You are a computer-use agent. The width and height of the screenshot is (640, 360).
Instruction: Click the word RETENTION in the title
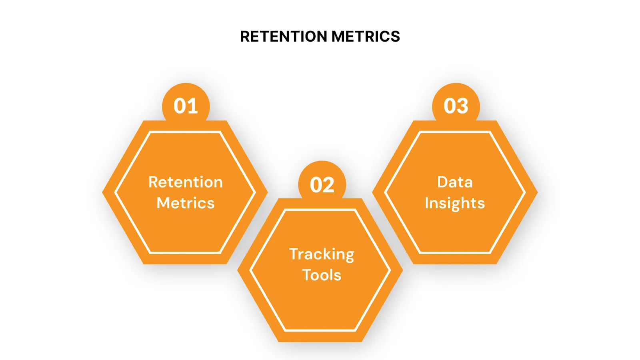click(x=284, y=36)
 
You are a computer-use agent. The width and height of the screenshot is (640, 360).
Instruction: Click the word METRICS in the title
click(x=366, y=36)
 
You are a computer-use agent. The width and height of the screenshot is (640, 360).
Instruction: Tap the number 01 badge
click(x=186, y=106)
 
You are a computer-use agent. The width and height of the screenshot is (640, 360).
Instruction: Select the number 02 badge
click(x=322, y=185)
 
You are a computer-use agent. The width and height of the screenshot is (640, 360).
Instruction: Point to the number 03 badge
click(x=456, y=106)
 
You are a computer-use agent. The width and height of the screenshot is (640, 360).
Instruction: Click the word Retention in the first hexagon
click(x=186, y=182)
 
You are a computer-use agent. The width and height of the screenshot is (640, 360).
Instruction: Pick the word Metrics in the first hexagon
click(x=186, y=203)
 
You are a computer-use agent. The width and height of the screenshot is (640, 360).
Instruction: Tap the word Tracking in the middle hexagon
click(x=322, y=254)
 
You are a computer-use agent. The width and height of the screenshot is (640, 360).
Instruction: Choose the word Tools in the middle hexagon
click(x=322, y=275)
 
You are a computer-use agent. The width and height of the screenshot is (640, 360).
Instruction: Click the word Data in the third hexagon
click(x=455, y=182)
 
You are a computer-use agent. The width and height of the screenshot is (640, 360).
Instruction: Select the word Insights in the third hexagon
click(x=455, y=203)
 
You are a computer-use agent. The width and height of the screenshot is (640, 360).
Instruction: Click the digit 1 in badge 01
click(x=193, y=106)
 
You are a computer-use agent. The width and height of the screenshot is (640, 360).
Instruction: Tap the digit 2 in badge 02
click(x=329, y=185)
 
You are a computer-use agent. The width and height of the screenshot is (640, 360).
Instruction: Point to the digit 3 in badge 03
click(x=462, y=106)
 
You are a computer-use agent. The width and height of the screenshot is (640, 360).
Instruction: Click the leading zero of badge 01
click(x=180, y=106)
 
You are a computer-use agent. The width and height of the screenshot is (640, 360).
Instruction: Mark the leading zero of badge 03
click(x=450, y=106)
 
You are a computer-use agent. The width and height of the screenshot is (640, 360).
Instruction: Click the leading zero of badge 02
click(x=316, y=185)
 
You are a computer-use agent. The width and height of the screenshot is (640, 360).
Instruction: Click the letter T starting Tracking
click(x=294, y=254)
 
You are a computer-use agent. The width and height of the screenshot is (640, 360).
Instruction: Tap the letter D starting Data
click(x=443, y=182)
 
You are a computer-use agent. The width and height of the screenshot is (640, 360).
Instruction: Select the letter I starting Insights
click(x=427, y=203)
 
